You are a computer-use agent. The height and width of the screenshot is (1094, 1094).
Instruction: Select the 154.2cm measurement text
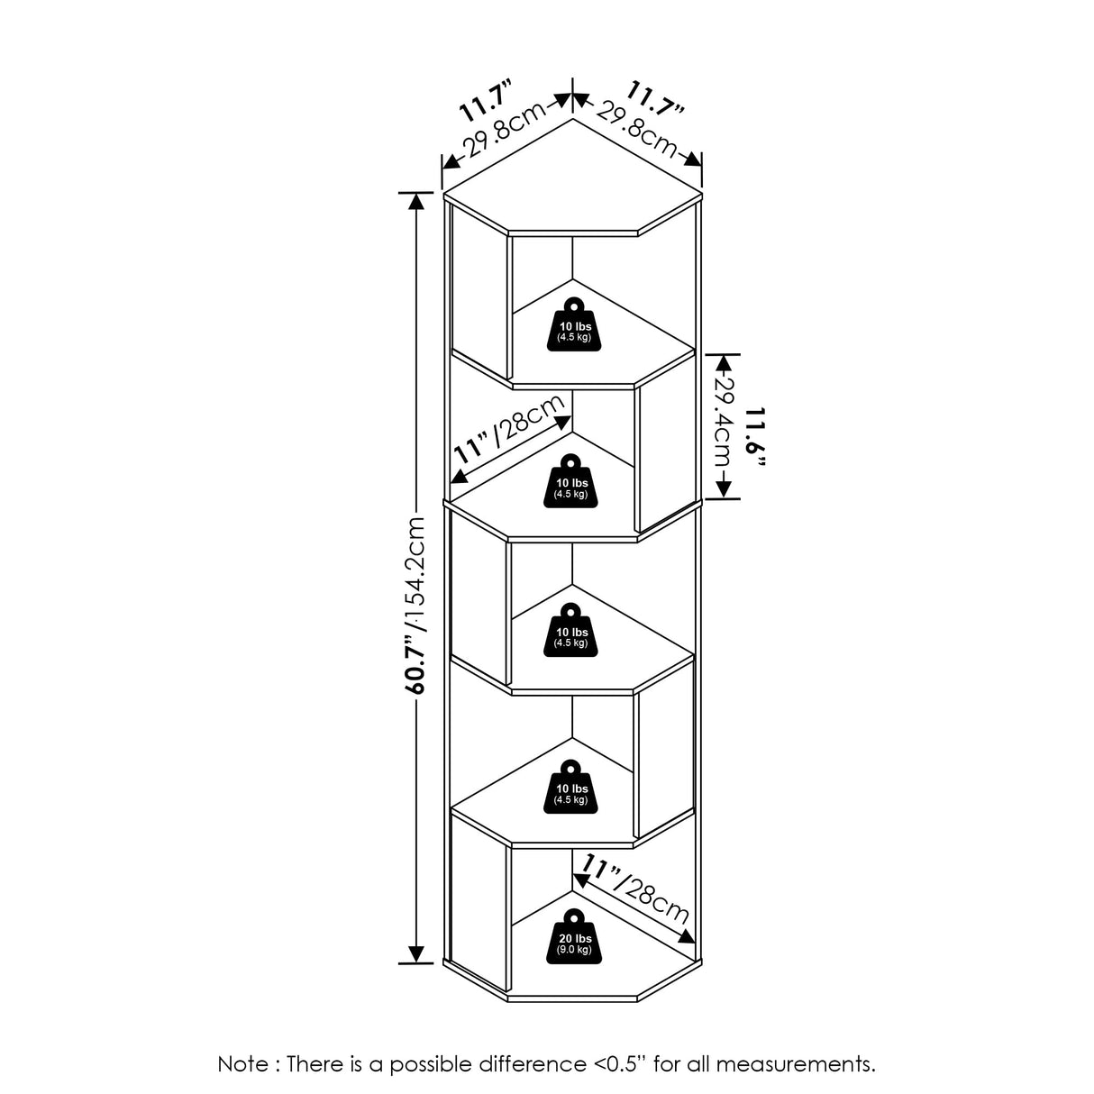(x=416, y=571)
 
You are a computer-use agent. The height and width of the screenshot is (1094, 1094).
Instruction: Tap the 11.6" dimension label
(x=755, y=438)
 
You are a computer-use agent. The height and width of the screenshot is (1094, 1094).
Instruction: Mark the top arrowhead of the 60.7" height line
(x=415, y=201)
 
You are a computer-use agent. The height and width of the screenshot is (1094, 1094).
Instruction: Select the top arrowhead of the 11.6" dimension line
(x=723, y=360)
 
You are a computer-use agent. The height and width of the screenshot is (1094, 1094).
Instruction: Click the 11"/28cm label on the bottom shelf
(x=637, y=888)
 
